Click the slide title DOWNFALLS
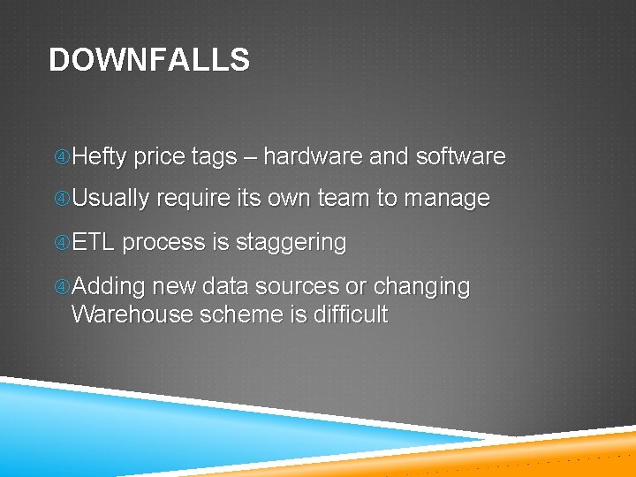pyautogui.click(x=149, y=60)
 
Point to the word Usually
pyautogui.click(x=110, y=199)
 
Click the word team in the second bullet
pyautogui.click(x=344, y=199)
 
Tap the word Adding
pyautogui.click(x=109, y=287)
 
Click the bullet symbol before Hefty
pyautogui.click(x=62, y=158)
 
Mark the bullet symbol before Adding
pyautogui.click(x=62, y=287)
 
